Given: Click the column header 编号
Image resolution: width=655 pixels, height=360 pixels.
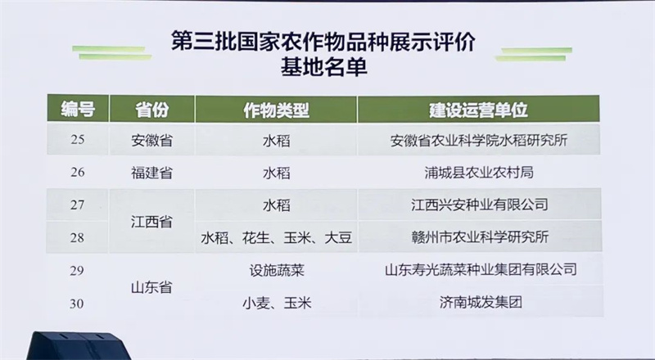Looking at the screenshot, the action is tap(78, 110).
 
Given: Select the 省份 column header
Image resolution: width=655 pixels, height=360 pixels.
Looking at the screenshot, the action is tap(151, 110).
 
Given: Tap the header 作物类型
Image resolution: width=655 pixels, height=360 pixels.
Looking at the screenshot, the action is tap(276, 110).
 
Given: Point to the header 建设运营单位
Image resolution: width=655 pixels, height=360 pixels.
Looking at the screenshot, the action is tap(478, 110).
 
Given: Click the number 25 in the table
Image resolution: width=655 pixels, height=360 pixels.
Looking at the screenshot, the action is tap(78, 139).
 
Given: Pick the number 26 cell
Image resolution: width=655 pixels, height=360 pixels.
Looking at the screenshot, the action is tap(78, 172).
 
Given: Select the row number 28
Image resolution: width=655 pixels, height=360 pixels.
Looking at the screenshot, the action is tap(78, 237).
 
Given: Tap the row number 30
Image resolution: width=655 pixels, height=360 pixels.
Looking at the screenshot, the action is tap(78, 304).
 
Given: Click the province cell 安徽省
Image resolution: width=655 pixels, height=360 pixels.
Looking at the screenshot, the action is tap(151, 140).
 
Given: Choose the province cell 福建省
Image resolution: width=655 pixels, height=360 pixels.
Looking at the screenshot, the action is tap(151, 173).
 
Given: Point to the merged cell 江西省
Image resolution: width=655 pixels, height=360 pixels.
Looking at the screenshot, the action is tap(151, 222).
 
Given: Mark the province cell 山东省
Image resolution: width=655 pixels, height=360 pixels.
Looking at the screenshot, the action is tap(151, 287).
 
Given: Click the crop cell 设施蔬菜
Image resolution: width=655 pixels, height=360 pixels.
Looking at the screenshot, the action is tap(277, 271).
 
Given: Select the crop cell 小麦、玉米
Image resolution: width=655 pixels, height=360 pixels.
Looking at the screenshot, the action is tap(277, 303).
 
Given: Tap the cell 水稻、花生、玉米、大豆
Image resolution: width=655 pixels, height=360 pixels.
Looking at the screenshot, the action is tap(277, 237).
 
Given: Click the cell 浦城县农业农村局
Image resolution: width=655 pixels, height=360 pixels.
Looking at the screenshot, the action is tap(479, 173).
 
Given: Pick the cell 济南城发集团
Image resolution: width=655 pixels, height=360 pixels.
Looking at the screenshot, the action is tap(481, 302).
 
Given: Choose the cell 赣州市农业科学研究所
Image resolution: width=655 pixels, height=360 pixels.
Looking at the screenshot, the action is tap(480, 237).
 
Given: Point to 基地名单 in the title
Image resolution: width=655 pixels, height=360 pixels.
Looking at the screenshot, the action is tap(323, 67).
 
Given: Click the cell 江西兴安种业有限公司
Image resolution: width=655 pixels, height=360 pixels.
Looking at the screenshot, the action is tap(480, 205).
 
